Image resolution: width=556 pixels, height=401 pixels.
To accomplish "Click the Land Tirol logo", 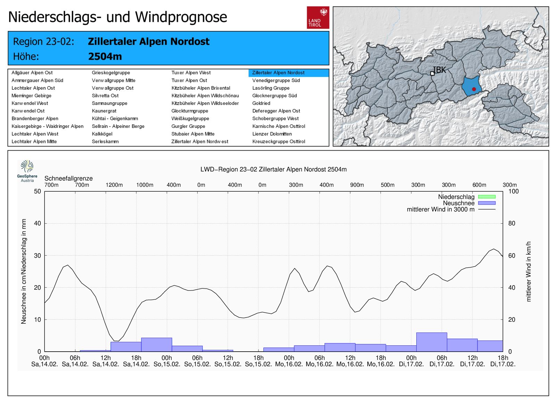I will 318,17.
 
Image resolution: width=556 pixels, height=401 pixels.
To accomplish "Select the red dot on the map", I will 474,89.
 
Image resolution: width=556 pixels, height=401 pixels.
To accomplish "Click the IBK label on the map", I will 439,70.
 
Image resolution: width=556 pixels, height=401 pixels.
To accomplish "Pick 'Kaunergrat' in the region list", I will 104,111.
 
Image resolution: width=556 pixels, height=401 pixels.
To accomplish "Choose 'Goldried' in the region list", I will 261,103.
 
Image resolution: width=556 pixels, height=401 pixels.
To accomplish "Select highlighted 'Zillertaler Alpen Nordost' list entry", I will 278,73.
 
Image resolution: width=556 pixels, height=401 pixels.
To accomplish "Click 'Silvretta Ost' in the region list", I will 105,96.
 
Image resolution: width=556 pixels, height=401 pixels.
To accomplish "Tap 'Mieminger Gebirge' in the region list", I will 31,96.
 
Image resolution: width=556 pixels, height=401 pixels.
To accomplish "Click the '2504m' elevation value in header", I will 105,56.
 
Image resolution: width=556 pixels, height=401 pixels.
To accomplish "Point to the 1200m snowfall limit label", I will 114,185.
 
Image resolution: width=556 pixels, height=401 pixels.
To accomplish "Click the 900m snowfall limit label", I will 357,185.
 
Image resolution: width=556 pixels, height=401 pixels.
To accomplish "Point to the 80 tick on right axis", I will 512,223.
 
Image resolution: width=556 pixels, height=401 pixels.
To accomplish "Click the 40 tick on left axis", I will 37,223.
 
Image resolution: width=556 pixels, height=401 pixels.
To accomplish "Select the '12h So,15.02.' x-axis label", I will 228,361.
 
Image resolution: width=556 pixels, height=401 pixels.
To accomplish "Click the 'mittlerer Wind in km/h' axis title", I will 529,271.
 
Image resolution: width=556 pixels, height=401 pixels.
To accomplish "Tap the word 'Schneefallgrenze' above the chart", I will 68,178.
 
